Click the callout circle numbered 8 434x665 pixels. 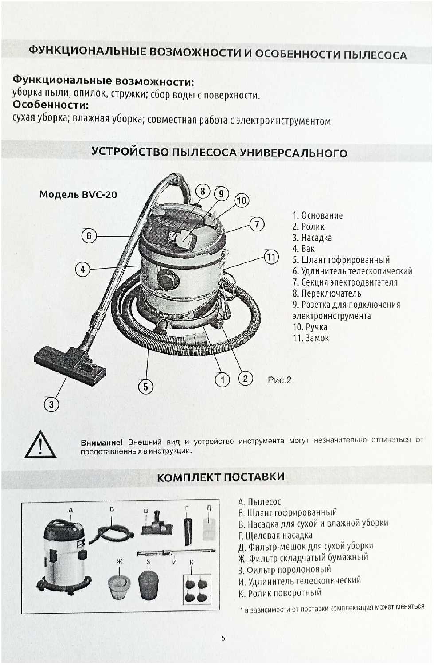(203, 191)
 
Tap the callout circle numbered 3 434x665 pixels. (51, 404)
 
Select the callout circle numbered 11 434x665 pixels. (271, 257)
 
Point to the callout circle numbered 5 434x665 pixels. (145, 387)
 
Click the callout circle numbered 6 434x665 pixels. (89, 235)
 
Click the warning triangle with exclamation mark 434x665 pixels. (40, 445)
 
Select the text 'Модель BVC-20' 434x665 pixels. (78, 194)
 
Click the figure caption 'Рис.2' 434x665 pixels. (279, 380)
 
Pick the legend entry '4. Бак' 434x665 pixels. (303, 249)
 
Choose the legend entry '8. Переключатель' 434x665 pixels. (327, 293)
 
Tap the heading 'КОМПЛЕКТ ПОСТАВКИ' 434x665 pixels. (221, 477)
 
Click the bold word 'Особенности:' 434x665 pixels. (51, 105)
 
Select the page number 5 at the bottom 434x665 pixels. (223, 638)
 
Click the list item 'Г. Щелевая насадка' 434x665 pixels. (275, 536)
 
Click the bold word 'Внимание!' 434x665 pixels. (102, 442)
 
